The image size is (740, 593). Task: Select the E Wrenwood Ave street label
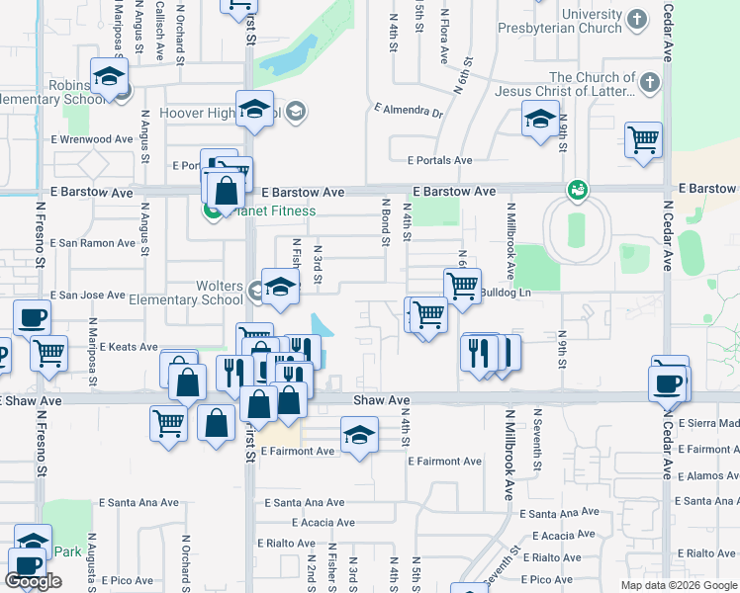92,140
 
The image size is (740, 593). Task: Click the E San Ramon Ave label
92,243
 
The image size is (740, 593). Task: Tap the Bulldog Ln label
506,294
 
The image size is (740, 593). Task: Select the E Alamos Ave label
708,475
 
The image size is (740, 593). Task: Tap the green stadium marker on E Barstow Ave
577,189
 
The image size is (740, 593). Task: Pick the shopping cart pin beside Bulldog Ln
462,287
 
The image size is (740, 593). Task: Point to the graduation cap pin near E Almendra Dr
540,120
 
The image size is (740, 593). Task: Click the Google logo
33,581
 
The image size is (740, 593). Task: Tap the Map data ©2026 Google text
678,585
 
